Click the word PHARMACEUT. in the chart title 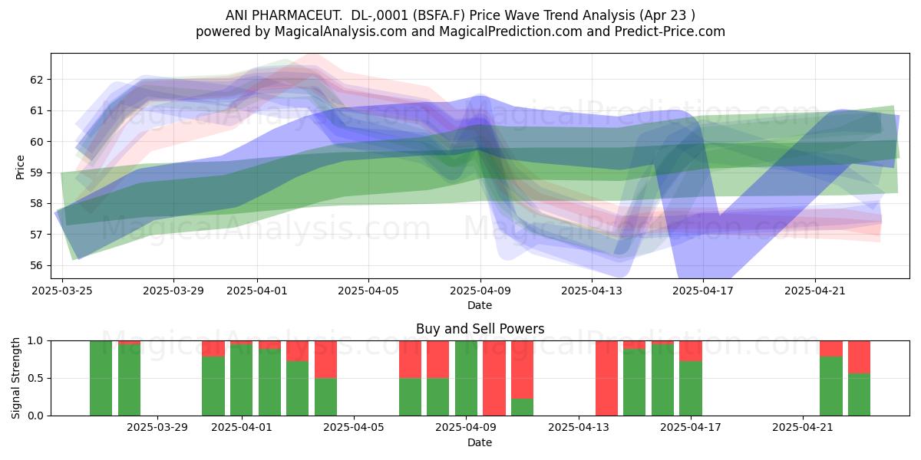[296, 15]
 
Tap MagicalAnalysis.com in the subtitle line [341, 31]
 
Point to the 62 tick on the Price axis [36, 80]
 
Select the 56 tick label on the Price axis [36, 266]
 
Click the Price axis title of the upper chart [20, 167]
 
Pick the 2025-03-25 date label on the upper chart [62, 291]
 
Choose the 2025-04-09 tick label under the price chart [480, 291]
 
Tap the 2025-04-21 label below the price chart [815, 291]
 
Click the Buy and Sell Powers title [480, 329]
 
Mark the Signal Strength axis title [15, 378]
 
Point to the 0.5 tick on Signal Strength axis [36, 378]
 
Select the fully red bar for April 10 [494, 378]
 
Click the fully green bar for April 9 [467, 378]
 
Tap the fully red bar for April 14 [606, 378]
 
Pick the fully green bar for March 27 [101, 378]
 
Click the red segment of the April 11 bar [522, 370]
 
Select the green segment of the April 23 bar [860, 395]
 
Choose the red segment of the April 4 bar [325, 360]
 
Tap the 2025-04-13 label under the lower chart [579, 428]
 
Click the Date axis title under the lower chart [480, 442]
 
